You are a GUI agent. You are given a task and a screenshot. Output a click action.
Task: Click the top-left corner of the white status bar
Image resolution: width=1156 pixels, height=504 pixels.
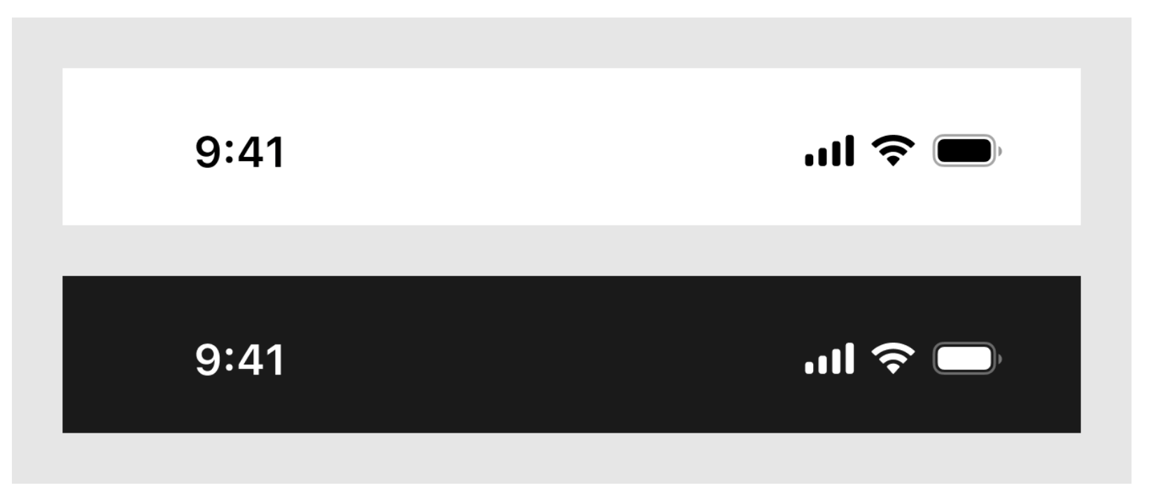[x=63, y=68]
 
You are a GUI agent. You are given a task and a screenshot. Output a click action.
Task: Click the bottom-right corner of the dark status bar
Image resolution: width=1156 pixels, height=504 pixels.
[x=1081, y=433]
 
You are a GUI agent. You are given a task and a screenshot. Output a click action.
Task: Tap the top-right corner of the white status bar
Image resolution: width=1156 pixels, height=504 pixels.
[x=1081, y=68]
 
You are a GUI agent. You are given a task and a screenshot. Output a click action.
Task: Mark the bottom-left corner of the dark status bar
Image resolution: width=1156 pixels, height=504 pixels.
[x=63, y=433]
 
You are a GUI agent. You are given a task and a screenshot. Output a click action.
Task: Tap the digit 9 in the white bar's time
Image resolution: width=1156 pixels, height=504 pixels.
[x=209, y=152]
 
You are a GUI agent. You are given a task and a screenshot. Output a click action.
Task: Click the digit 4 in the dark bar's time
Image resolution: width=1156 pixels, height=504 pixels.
[x=251, y=359]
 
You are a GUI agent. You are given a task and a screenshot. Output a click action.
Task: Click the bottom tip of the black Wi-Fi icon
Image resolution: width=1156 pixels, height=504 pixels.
[x=894, y=166]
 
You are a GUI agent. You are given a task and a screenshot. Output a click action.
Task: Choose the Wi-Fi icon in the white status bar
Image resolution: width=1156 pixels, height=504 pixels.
[x=894, y=150]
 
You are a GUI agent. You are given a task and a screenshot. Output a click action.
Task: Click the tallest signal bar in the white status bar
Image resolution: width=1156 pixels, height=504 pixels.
[x=850, y=150]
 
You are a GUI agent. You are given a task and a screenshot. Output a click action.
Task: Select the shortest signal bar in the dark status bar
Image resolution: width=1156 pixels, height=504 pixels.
[x=809, y=367]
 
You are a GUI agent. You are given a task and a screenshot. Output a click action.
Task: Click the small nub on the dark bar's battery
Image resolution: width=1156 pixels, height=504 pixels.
[x=1000, y=358]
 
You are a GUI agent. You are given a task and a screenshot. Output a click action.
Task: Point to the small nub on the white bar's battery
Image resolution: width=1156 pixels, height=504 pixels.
[x=1000, y=150]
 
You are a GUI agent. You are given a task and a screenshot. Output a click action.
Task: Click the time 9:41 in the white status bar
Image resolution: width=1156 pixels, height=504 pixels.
[x=239, y=152]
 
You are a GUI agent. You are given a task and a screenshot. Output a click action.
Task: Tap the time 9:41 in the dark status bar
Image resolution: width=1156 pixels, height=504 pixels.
[x=239, y=359]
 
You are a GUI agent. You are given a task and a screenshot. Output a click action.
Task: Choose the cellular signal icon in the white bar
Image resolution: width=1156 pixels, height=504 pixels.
[x=829, y=150]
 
